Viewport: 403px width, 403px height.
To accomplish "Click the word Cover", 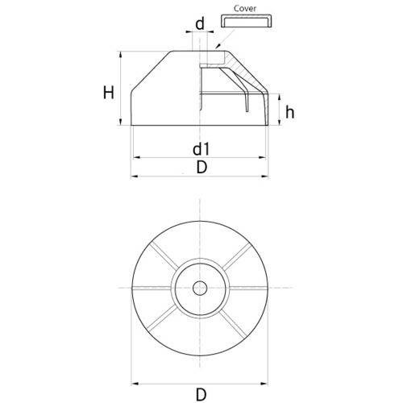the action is pyautogui.click(x=245, y=9).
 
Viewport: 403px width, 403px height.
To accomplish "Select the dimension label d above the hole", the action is pyautogui.click(x=200, y=23).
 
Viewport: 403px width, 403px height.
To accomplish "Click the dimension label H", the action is pyautogui.click(x=109, y=93).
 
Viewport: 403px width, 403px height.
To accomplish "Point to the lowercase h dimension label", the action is pyautogui.click(x=289, y=112).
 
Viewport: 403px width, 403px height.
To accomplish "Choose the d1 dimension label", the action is pyautogui.click(x=201, y=149).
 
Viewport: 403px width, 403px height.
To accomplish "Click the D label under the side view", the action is pyautogui.click(x=201, y=168).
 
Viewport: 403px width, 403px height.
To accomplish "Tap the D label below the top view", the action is pyautogui.click(x=201, y=395).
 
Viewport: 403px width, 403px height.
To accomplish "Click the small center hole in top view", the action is pyautogui.click(x=200, y=289).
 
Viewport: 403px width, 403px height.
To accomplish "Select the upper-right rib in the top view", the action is pyautogui.click(x=237, y=256).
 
